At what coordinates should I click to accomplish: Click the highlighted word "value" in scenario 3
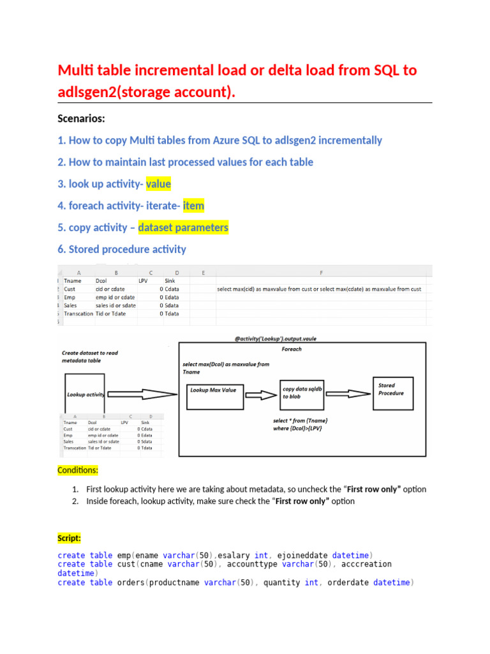click(158, 184)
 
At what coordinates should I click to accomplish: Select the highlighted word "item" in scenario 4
click(193, 206)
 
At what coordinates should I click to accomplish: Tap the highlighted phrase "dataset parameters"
click(183, 227)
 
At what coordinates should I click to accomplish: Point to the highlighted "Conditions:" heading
click(78, 470)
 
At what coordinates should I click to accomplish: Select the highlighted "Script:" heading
click(69, 538)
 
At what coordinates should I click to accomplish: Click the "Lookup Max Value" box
click(212, 389)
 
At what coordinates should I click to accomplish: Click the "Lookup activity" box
click(85, 394)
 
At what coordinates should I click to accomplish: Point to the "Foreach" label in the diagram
click(291, 349)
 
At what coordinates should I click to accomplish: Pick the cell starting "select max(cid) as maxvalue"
click(319, 289)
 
